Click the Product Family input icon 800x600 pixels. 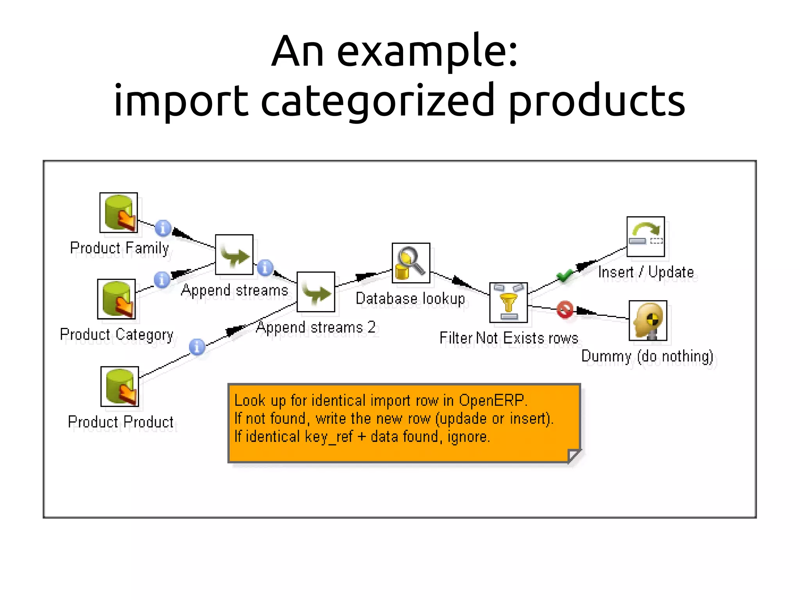pyautogui.click(x=118, y=213)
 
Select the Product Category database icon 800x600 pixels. pyautogui.click(x=116, y=299)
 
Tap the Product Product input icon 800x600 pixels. pyautogui.click(x=120, y=387)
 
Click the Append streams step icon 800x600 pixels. pyautogui.click(x=234, y=255)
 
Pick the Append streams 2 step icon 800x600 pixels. pyautogui.click(x=316, y=292)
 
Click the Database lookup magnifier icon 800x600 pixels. pyautogui.click(x=411, y=263)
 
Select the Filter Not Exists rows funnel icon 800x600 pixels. pyautogui.click(x=508, y=303)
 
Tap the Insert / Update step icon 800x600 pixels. pyautogui.click(x=645, y=236)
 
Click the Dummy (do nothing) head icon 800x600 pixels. pyautogui.click(x=648, y=321)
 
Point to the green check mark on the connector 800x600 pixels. pyautogui.click(x=564, y=276)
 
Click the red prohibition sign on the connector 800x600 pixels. pyautogui.click(x=565, y=310)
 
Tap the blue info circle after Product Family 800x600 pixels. pyautogui.click(x=163, y=228)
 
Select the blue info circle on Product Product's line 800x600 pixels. pyautogui.click(x=197, y=347)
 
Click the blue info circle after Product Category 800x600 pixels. pyautogui.click(x=162, y=279)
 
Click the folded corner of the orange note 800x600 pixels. pyautogui.click(x=573, y=455)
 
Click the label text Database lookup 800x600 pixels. pyautogui.click(x=410, y=299)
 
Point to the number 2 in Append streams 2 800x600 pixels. pyautogui.click(x=371, y=327)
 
